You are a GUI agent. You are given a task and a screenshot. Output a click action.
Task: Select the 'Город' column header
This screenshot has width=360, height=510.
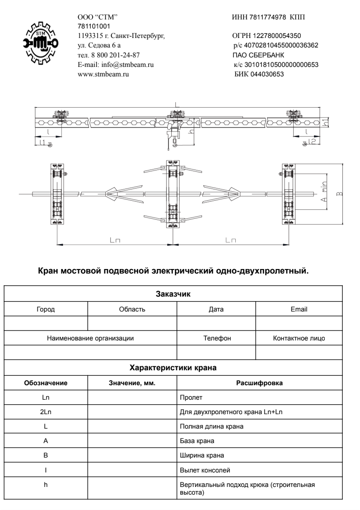[46, 310]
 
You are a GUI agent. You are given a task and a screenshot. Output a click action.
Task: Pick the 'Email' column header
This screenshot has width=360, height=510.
[299, 310]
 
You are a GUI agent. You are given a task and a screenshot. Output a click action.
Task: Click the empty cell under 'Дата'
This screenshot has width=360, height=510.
[216, 324]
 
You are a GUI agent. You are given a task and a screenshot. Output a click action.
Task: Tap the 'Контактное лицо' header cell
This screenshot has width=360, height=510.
[299, 338]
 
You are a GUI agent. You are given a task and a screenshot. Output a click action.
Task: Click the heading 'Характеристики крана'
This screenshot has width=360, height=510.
[173, 368]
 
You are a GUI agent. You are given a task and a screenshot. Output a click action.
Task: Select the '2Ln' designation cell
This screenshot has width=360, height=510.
[46, 411]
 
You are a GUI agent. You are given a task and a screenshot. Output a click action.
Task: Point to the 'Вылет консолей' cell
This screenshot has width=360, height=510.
[202, 469]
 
